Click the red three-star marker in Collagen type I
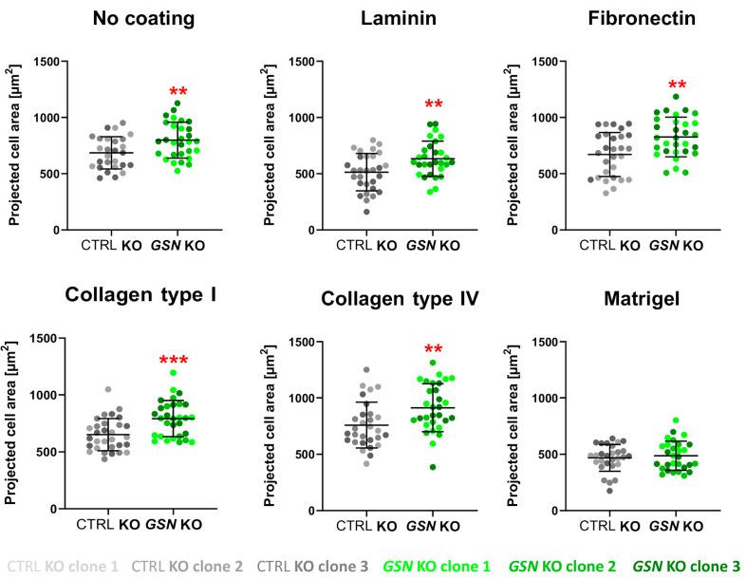tap(176, 363)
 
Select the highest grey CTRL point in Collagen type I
tap(107, 389)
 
